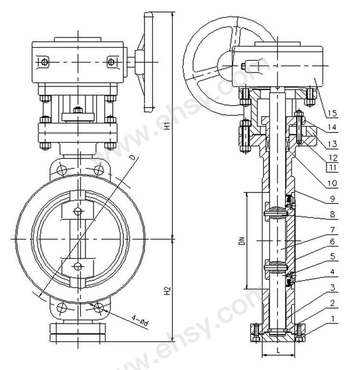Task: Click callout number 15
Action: (332, 113)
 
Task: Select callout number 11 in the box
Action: (332, 168)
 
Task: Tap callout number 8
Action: (332, 214)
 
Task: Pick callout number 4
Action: (332, 272)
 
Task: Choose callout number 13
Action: (332, 144)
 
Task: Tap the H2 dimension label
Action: (167, 290)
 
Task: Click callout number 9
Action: (332, 199)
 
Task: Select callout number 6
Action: (332, 242)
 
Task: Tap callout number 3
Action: (332, 288)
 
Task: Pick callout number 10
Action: (332, 183)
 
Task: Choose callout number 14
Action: (332, 128)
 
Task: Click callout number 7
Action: (332, 229)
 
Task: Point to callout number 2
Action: (332, 303)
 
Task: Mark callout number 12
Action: (332, 157)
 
